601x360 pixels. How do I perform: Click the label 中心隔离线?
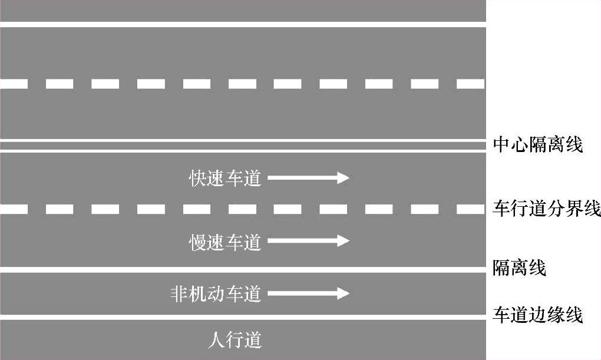pos(537,144)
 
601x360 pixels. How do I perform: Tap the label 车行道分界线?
pos(546,209)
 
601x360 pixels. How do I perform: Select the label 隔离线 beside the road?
pos(519,269)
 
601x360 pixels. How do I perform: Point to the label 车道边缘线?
pos(537,315)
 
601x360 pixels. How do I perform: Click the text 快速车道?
pos(224,178)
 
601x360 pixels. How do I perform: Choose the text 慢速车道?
pos(224,242)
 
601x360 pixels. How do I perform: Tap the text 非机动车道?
pos(216,293)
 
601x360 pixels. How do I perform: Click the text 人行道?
pos(235,340)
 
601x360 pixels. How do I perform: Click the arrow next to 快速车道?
pos(308,177)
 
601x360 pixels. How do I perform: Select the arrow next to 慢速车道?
pos(308,241)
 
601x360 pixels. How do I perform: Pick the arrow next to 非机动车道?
pos(308,293)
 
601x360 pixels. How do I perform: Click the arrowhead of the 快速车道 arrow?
pos(344,177)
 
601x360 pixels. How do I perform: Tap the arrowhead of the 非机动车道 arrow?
pos(344,293)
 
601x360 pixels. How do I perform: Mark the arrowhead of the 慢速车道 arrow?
pos(344,241)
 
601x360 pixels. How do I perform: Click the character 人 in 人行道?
pos(217,340)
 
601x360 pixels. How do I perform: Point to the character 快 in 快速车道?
pos(197,178)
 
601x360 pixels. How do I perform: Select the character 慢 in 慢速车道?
pos(197,242)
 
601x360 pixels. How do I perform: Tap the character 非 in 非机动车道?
pos(179,293)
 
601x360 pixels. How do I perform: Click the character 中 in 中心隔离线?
pos(501,144)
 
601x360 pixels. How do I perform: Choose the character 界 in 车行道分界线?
pos(573,209)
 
